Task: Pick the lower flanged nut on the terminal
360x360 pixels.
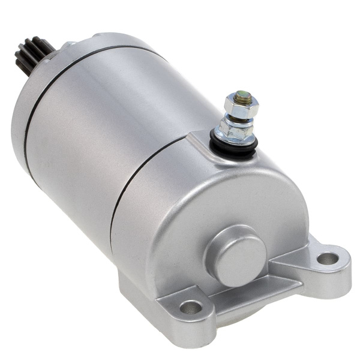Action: tap(236, 128)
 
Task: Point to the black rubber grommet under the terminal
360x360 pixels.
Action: tap(234, 145)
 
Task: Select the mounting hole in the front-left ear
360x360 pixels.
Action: tap(191, 307)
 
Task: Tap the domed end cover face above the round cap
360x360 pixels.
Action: tap(210, 192)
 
